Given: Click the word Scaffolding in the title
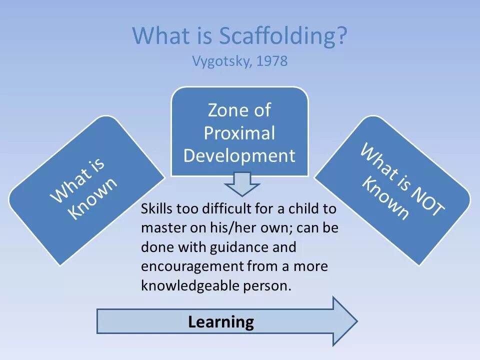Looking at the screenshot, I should [283, 36].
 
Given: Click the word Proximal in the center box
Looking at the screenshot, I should [239, 133].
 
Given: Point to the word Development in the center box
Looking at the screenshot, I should [239, 155].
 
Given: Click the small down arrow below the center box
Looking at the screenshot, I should [242, 183].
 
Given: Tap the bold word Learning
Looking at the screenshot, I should [221, 321].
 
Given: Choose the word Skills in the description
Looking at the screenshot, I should [156, 209].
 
